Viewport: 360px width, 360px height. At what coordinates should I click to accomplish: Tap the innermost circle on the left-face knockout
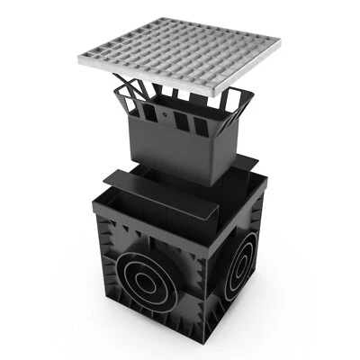point(145,281)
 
